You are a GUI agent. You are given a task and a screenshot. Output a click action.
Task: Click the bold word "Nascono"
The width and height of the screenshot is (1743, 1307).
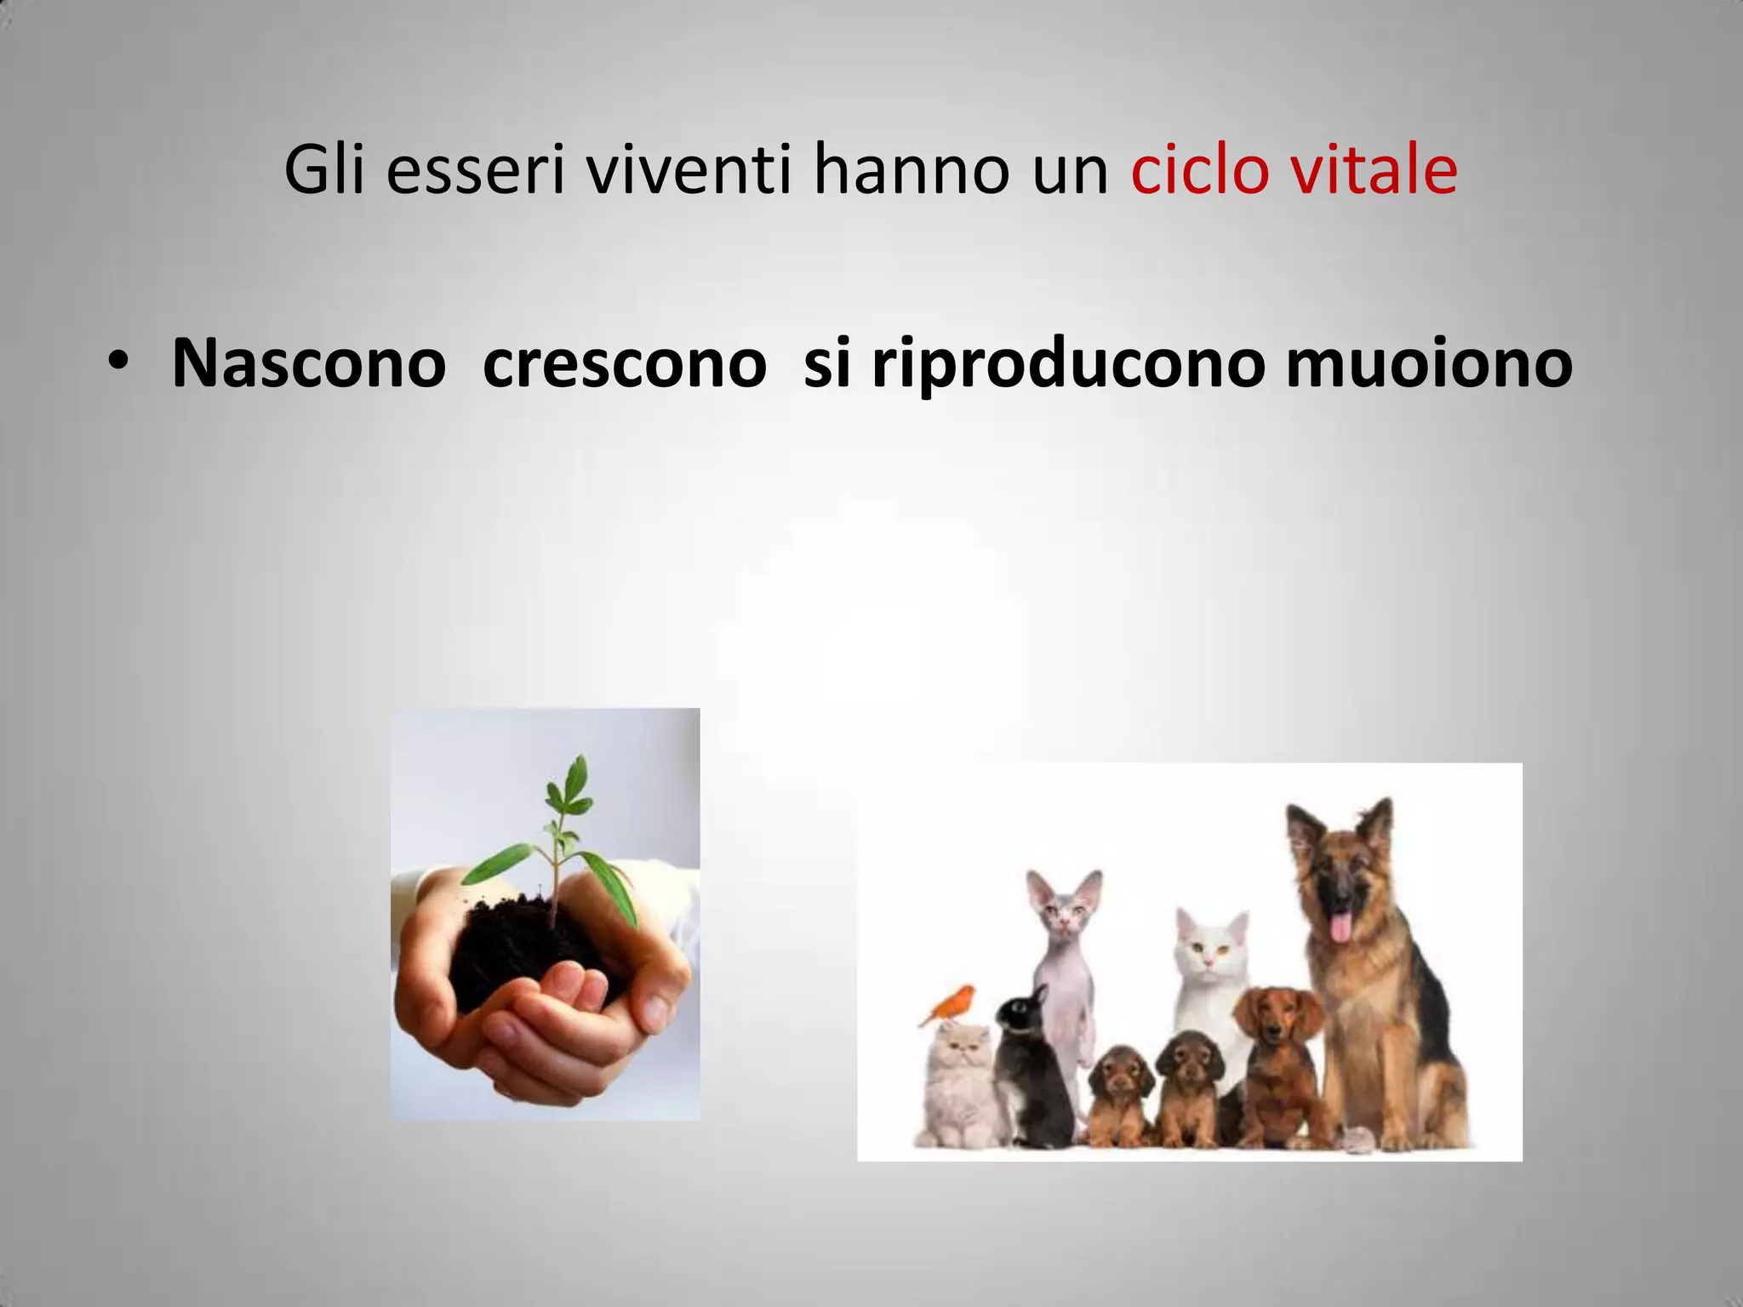click(x=308, y=364)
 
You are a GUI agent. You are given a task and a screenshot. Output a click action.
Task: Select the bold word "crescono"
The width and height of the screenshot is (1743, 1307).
click(x=624, y=364)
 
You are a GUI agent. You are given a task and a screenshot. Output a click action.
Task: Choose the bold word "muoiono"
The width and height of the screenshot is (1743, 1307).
click(x=1428, y=364)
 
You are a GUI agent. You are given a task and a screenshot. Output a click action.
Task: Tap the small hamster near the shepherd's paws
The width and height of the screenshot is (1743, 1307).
click(x=1352, y=1138)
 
